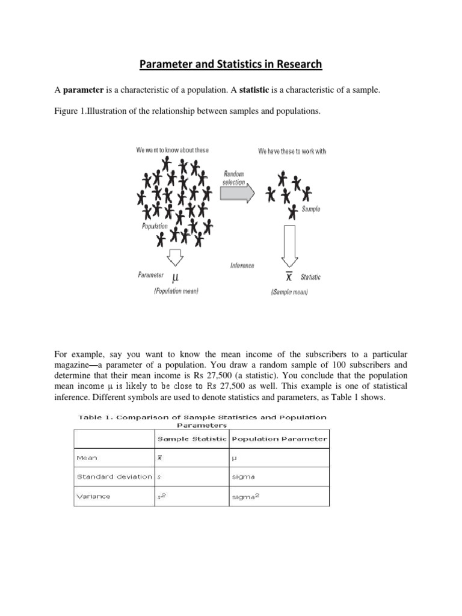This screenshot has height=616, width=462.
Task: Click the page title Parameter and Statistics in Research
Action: click(x=231, y=64)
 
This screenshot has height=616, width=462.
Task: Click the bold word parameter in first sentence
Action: click(x=84, y=90)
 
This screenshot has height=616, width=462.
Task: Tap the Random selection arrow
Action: click(x=237, y=192)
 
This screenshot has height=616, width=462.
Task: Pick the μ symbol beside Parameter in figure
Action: click(x=176, y=278)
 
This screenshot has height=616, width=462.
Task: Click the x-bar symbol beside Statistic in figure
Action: click(x=289, y=277)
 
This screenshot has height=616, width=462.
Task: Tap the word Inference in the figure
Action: click(x=242, y=265)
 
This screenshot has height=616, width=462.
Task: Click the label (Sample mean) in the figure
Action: click(x=288, y=292)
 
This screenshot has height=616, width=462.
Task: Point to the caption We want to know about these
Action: click(x=173, y=150)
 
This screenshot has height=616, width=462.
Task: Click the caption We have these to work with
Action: click(x=292, y=151)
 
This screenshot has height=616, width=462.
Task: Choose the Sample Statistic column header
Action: click(x=191, y=439)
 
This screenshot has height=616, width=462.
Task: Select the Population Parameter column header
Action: click(x=279, y=439)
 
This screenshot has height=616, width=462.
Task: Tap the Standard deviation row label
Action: click(x=114, y=476)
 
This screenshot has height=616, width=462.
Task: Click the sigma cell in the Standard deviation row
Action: click(x=243, y=476)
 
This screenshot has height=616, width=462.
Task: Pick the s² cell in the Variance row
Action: click(x=161, y=496)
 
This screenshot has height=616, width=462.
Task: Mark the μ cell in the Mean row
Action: click(x=235, y=458)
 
